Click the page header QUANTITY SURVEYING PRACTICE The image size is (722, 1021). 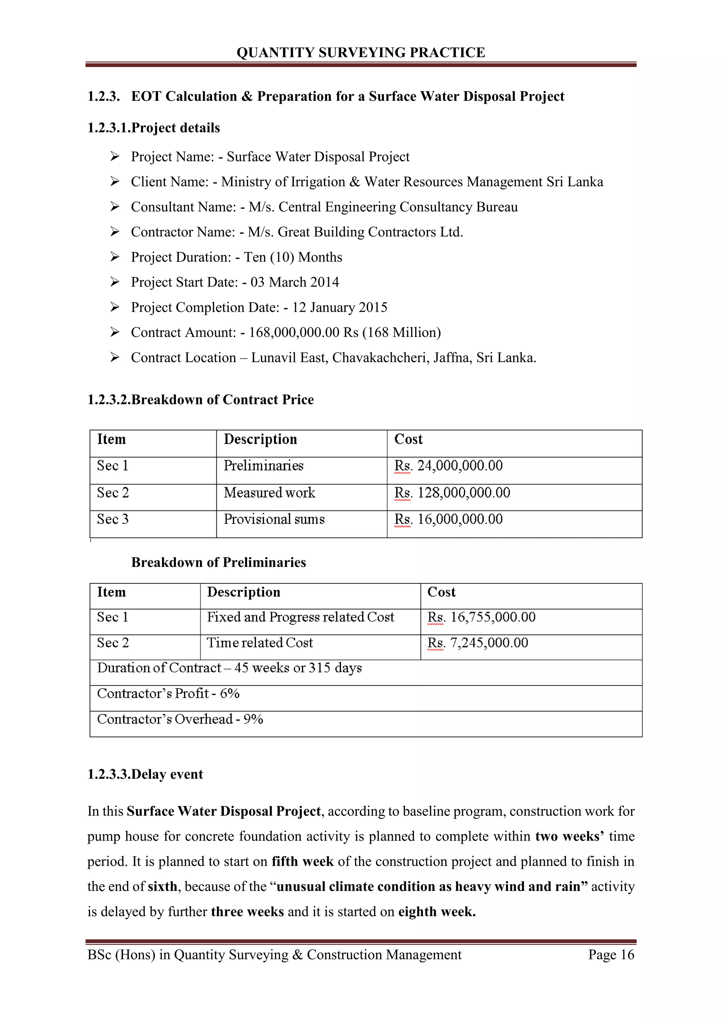(x=361, y=53)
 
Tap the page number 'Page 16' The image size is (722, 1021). (x=611, y=954)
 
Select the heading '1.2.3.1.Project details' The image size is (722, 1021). (x=153, y=128)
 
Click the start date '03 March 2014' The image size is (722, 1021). (x=294, y=282)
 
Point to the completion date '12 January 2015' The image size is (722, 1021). (x=339, y=307)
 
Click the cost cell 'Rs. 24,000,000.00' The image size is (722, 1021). (x=448, y=466)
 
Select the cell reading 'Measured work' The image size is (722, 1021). (x=269, y=493)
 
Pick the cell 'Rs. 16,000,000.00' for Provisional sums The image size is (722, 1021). (x=448, y=519)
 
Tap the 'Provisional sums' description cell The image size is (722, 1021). (x=274, y=519)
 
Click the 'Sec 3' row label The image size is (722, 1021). (x=113, y=519)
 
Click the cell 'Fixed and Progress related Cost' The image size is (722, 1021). (x=300, y=617)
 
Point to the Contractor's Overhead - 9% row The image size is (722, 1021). (x=180, y=720)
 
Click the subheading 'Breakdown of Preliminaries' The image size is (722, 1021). (x=218, y=563)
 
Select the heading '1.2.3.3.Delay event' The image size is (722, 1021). (x=145, y=774)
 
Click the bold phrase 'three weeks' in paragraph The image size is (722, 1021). (x=247, y=912)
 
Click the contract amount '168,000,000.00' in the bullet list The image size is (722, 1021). (x=294, y=332)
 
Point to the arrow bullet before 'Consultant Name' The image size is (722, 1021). (x=115, y=207)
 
